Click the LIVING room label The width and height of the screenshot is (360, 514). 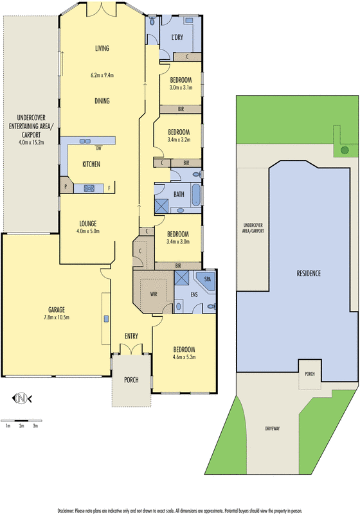click(x=102, y=48)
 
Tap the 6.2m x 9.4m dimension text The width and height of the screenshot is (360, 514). click(x=102, y=75)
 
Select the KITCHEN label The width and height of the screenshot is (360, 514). click(x=91, y=164)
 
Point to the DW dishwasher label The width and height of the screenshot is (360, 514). click(x=99, y=146)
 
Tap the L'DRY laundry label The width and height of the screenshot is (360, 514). click(x=177, y=37)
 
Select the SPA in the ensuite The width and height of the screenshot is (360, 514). click(x=207, y=279)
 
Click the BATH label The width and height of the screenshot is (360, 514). click(x=179, y=193)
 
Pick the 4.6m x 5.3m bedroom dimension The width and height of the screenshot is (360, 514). click(x=183, y=357)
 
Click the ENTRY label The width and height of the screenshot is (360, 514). click(x=132, y=336)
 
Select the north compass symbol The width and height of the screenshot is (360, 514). click(x=24, y=398)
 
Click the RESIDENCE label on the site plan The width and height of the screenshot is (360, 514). click(x=309, y=273)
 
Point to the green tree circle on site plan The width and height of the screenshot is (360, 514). click(x=345, y=150)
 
